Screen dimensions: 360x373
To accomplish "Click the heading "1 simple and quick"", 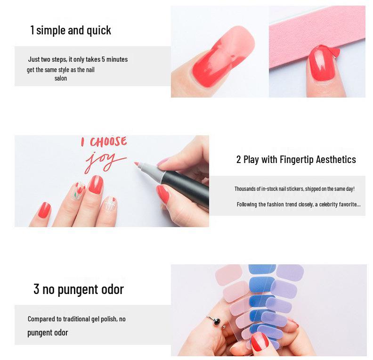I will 71,30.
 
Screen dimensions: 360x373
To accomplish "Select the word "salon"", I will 61,78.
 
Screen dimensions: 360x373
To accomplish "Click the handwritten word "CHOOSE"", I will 108,142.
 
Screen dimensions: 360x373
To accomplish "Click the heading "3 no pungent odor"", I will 79,289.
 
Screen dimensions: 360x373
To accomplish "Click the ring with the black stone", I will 216,321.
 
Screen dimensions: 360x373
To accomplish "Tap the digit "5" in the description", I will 104,59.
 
